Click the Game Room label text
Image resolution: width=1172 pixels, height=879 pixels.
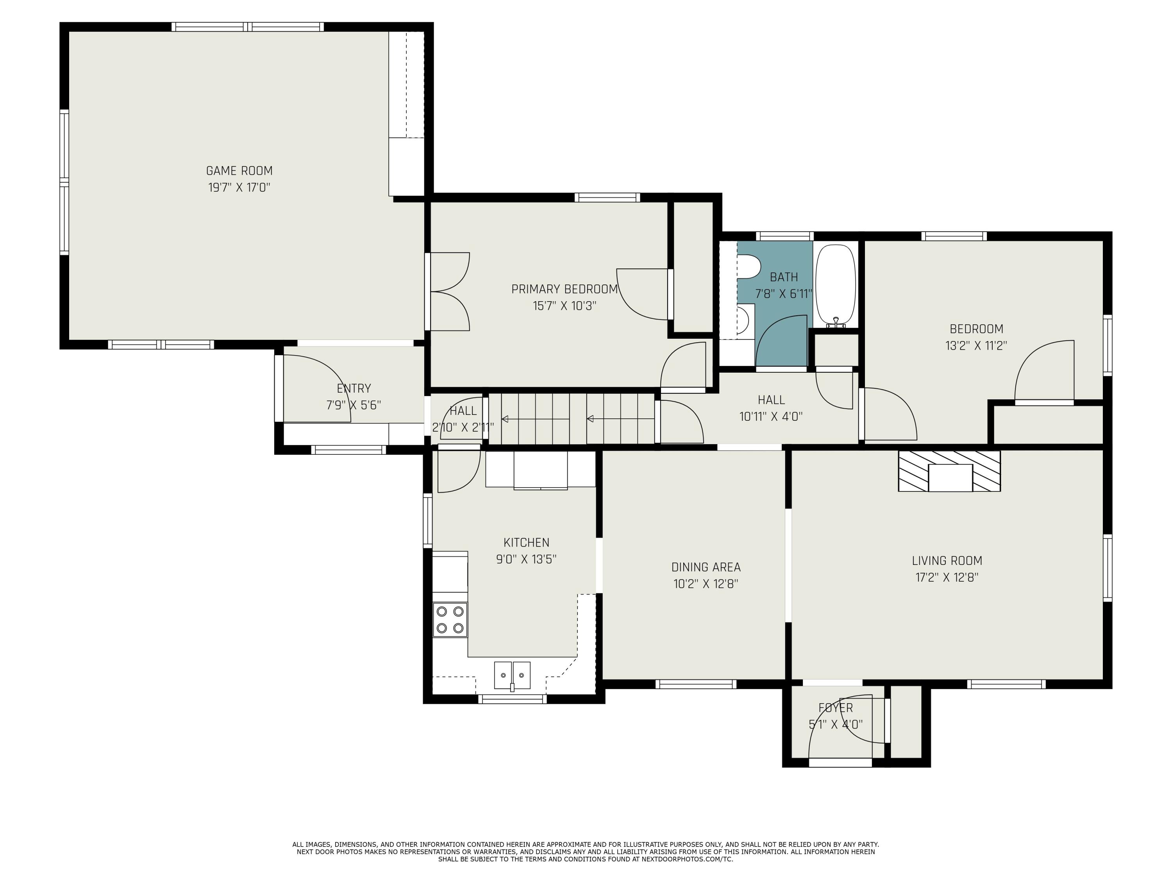point(239,171)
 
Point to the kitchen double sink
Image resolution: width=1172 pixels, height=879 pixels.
point(512,675)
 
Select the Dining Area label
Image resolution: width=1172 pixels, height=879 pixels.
point(706,567)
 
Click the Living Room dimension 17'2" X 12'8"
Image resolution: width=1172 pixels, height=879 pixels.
point(947,577)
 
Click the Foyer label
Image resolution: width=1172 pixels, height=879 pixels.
point(836,707)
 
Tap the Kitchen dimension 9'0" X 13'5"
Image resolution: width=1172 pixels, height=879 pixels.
point(526,559)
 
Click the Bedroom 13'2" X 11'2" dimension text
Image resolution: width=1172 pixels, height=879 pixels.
point(976,345)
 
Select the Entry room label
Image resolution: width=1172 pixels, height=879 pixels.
point(354,388)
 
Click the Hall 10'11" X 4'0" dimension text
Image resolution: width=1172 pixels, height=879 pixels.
point(771,416)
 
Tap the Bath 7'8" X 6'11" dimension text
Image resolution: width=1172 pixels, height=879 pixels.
point(784,293)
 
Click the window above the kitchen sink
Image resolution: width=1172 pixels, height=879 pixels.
point(512,699)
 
